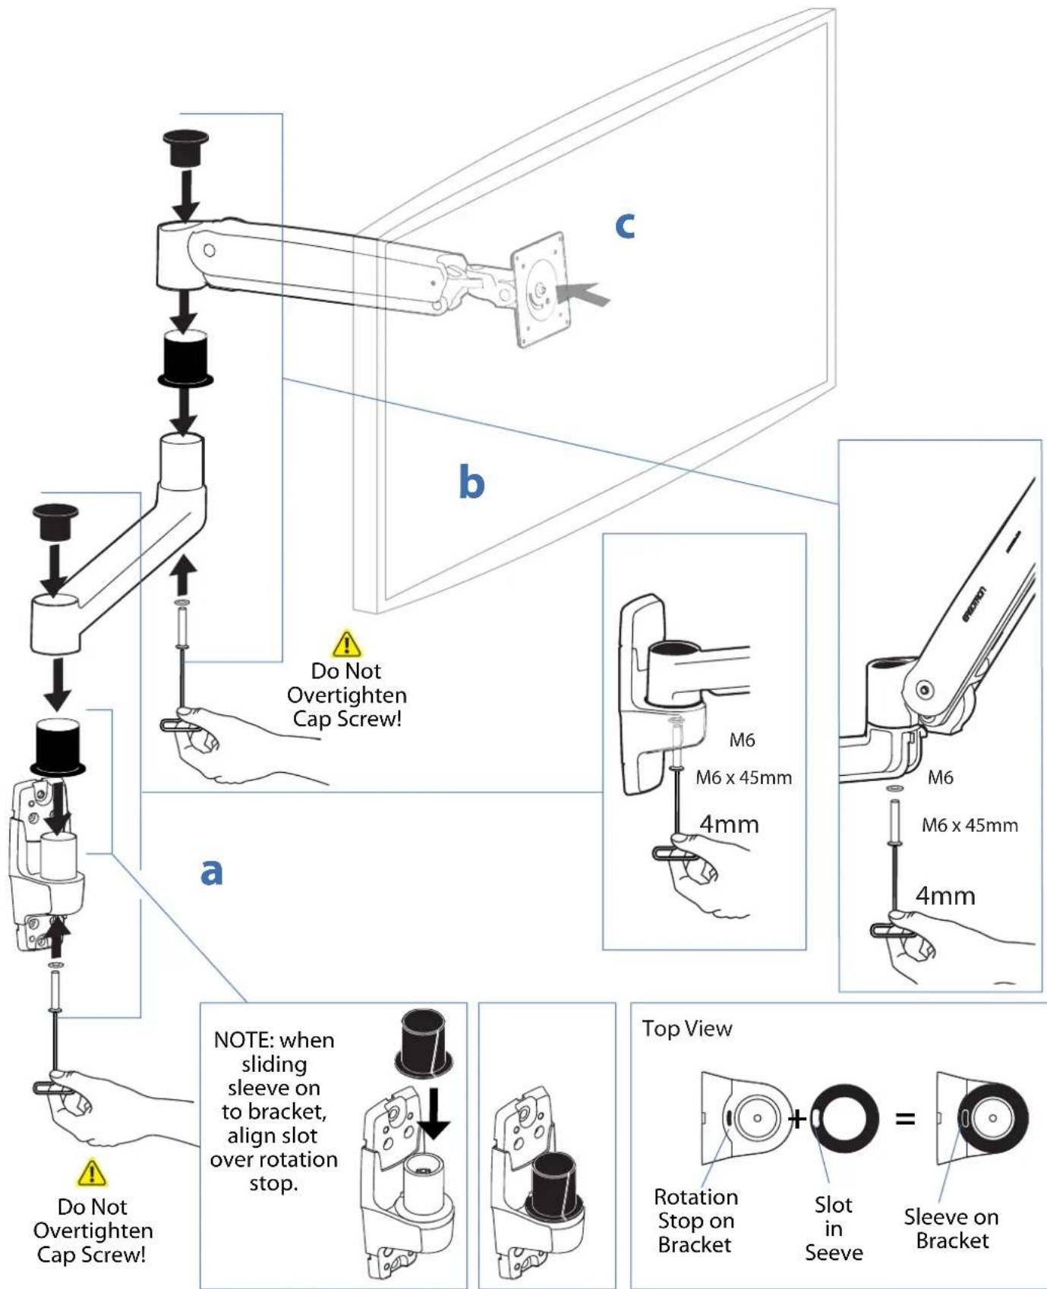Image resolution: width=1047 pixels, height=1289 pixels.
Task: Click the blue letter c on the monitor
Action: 624,225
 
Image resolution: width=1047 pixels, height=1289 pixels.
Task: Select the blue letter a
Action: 211,872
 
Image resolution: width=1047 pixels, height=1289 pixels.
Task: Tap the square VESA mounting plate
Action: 540,289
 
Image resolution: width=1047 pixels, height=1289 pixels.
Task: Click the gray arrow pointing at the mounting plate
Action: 583,295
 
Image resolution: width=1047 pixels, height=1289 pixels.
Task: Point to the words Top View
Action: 687,1029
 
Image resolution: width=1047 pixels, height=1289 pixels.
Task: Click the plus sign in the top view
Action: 797,1118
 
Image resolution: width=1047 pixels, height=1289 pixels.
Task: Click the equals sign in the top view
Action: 905,1118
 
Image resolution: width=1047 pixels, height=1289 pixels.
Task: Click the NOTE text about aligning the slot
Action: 273,1111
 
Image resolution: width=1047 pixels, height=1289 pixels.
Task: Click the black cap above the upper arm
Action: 186,149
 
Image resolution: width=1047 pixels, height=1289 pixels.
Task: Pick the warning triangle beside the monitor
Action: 347,643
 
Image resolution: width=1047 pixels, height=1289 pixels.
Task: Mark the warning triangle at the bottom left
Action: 92,1173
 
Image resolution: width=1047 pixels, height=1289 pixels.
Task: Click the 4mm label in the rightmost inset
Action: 945,896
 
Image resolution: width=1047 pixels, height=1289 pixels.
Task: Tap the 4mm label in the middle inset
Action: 729,824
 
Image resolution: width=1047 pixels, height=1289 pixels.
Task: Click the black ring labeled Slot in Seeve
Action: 844,1118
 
